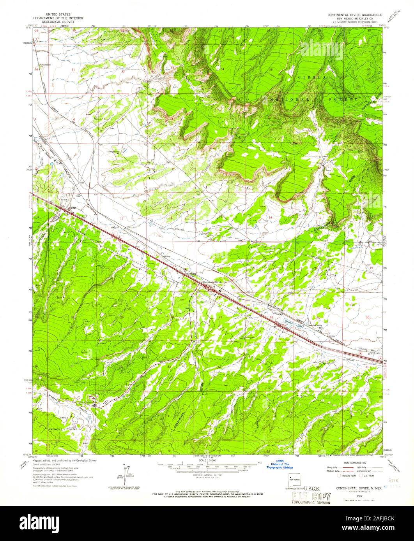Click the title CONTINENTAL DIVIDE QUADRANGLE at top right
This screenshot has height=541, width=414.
pos(355,14)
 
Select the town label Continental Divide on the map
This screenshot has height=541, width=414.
pos(212,282)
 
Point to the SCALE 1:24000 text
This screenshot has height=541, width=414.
pos(207,460)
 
